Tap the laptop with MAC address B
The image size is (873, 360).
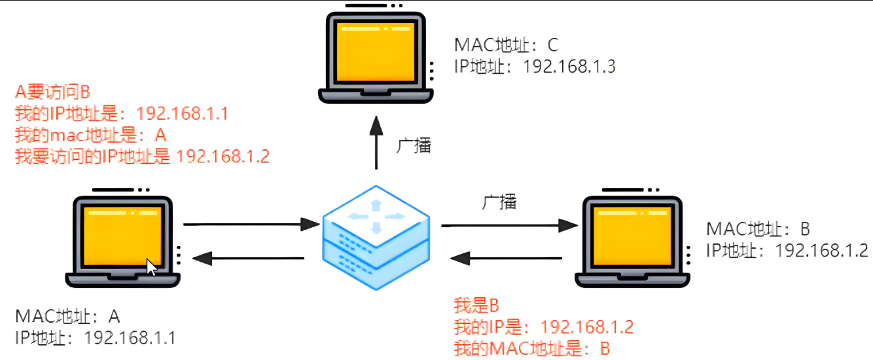(x=632, y=239)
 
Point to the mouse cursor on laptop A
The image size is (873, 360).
(x=151, y=267)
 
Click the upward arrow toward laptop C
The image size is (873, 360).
(x=376, y=144)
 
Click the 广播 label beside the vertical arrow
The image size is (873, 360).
(x=414, y=145)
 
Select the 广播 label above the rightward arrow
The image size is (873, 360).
(x=499, y=202)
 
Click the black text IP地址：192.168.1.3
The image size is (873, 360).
(x=535, y=66)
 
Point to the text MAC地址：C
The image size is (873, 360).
(x=507, y=45)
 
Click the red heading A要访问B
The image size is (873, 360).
(x=52, y=92)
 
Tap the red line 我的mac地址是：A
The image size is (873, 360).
(x=91, y=135)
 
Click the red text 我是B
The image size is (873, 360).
(x=476, y=305)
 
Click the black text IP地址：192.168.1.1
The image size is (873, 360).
(x=95, y=338)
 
